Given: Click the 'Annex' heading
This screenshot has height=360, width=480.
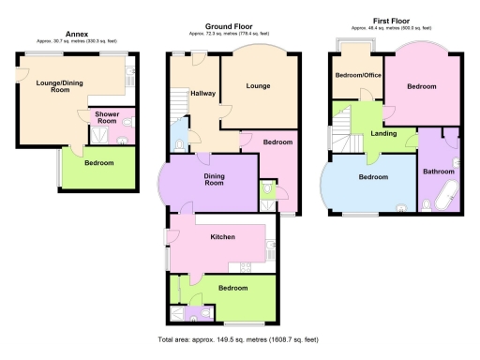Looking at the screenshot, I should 77,33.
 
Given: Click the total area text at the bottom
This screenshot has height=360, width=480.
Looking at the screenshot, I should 240,338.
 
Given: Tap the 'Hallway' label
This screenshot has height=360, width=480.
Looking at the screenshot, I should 202,94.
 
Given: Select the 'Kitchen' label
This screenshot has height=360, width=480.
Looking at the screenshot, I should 221,236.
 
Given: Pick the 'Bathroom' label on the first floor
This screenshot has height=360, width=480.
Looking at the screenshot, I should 438,172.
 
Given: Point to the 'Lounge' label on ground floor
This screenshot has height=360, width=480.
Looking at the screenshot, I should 259,86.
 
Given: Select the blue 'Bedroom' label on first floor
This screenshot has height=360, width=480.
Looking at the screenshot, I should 371,176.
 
